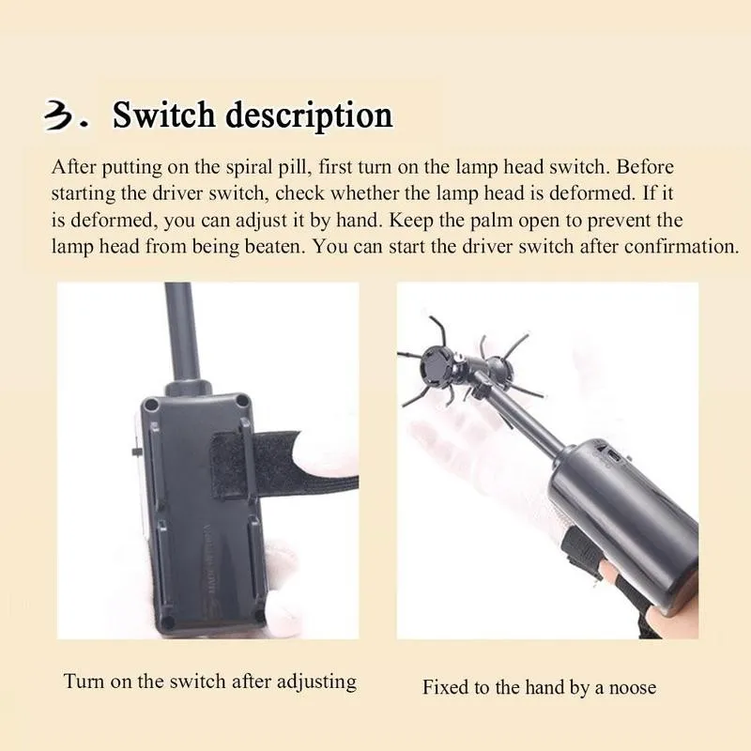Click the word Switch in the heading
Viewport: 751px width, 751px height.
pyautogui.click(x=163, y=115)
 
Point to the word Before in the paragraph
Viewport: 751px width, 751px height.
pyautogui.click(x=645, y=167)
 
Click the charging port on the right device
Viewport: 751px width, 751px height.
pyautogui.click(x=615, y=456)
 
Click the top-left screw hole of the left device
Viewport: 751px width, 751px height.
pyautogui.click(x=153, y=405)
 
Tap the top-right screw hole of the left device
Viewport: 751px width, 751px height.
pyautogui.click(x=242, y=401)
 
